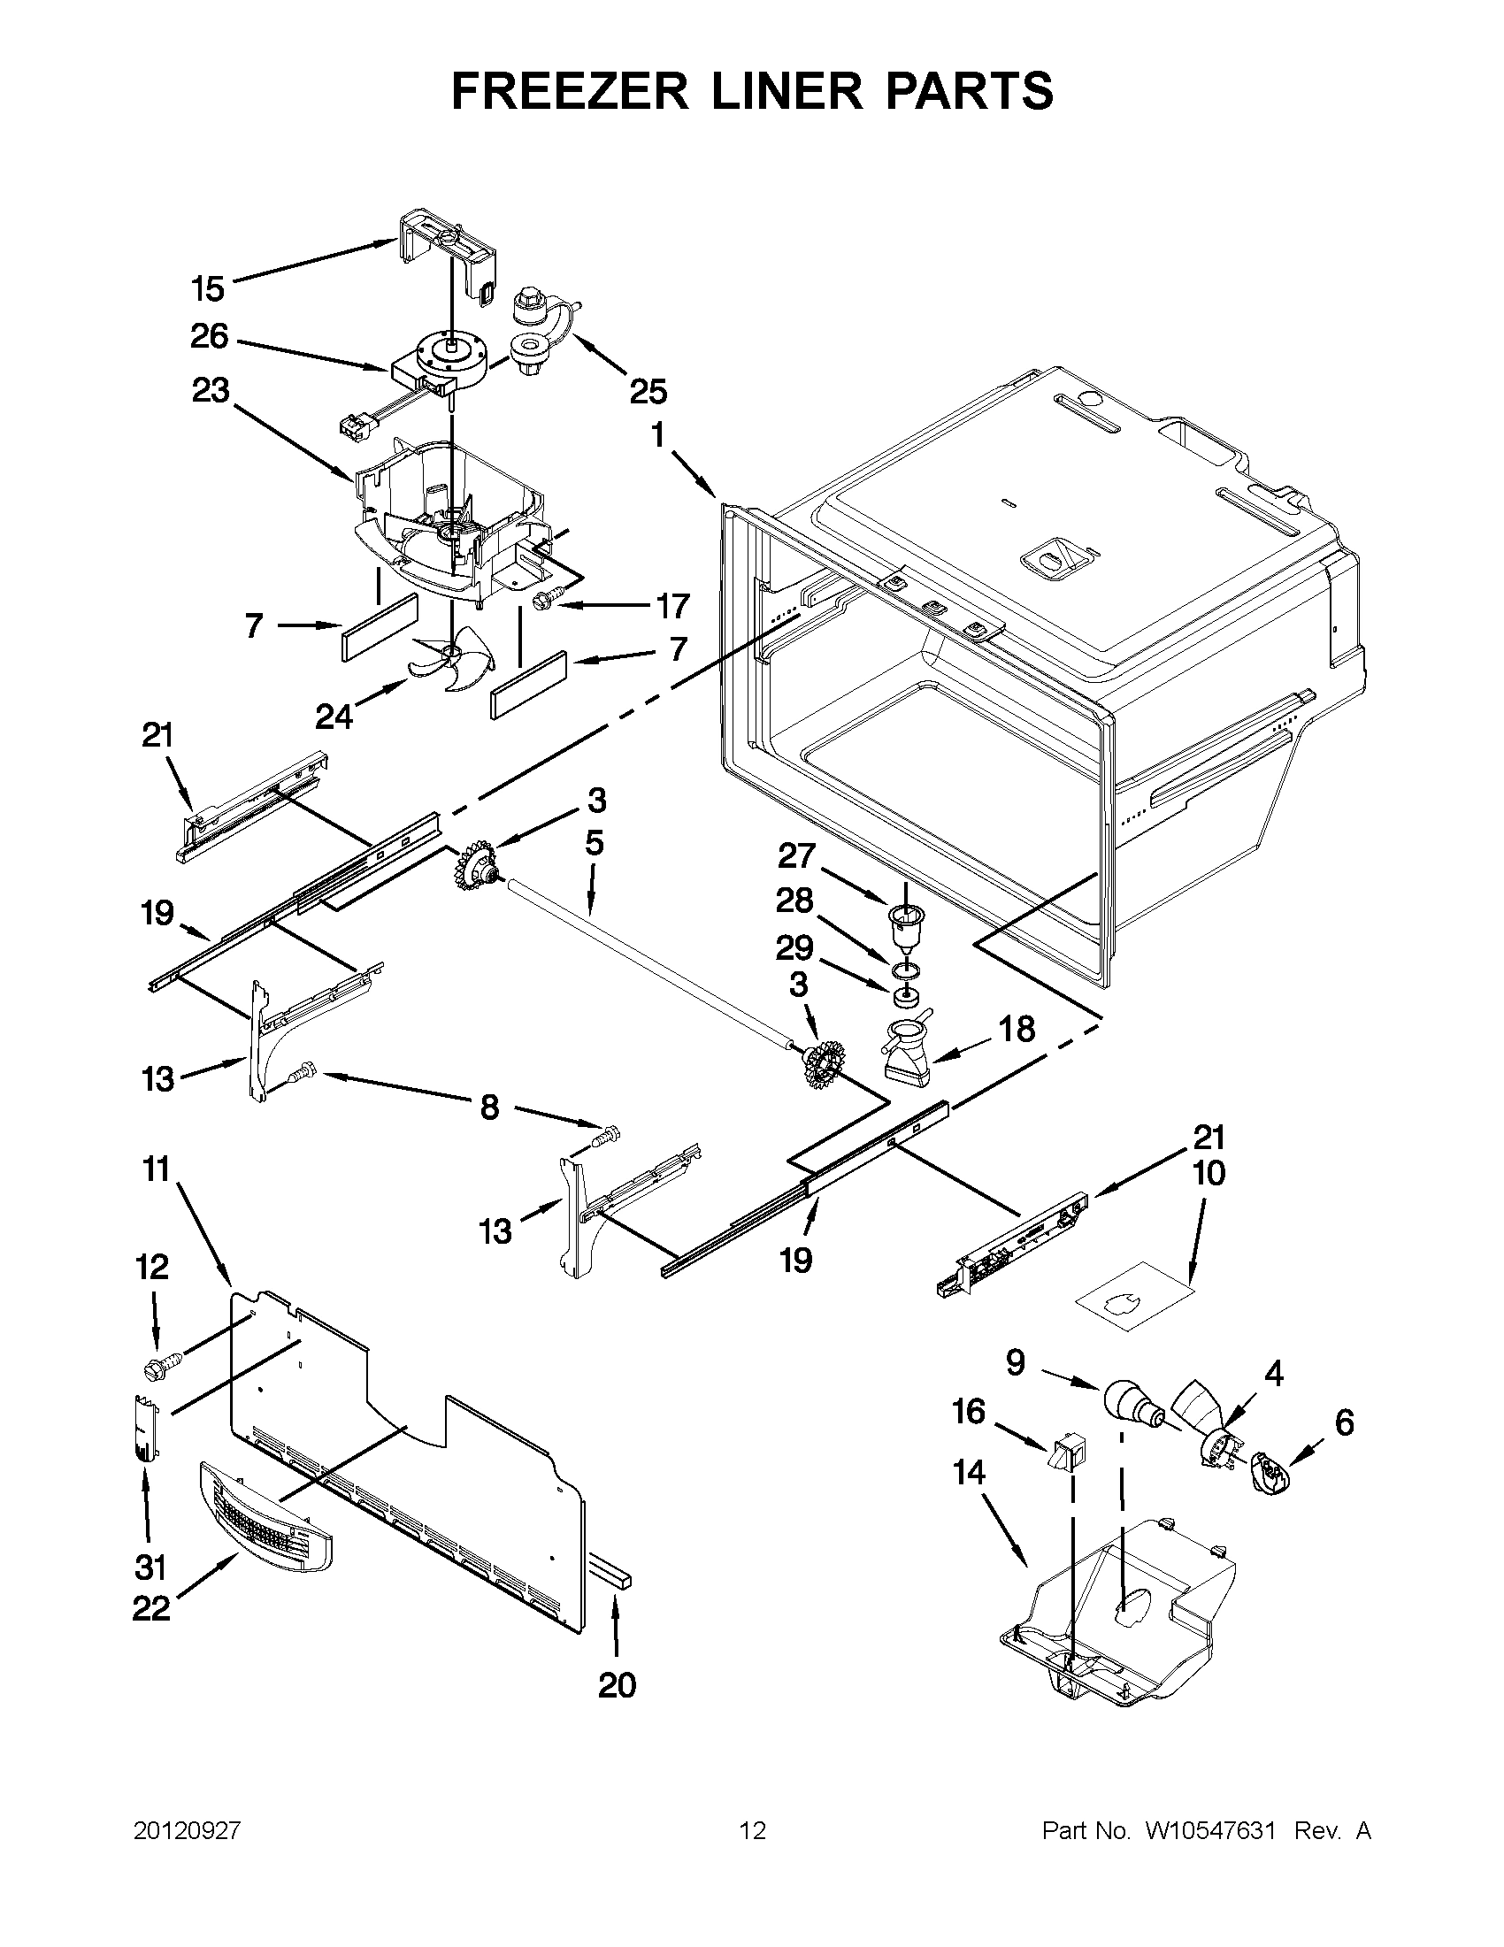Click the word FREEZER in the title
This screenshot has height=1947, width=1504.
569,91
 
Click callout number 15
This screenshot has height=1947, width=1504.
208,289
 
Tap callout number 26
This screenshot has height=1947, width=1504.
210,336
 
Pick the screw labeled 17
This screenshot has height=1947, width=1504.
541,603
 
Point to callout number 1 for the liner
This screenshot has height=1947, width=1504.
658,436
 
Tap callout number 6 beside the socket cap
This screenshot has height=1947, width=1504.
1344,1422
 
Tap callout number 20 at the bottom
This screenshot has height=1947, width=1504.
617,1686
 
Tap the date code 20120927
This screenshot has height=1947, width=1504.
188,1831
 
